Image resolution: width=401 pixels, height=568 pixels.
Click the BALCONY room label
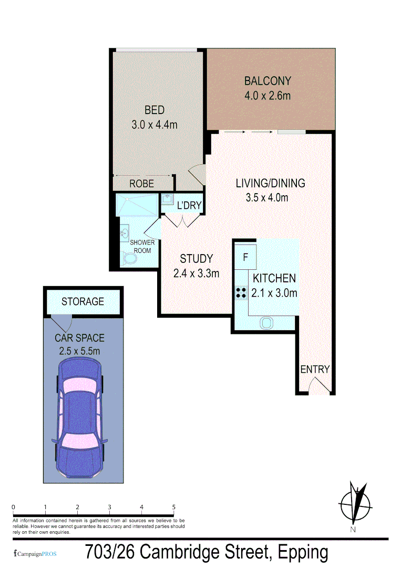[267, 82]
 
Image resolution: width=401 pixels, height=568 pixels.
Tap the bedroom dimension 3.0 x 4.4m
[155, 125]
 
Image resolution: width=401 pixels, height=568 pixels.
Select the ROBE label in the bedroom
[141, 184]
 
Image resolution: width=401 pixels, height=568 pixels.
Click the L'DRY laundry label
[189, 205]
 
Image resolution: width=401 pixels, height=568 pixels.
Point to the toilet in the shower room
[128, 259]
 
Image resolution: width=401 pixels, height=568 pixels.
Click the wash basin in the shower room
[125, 232]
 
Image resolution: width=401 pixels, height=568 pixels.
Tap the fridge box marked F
[245, 258]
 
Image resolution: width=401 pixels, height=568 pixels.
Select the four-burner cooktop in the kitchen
[241, 292]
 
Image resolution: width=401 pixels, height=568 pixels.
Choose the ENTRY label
[314, 369]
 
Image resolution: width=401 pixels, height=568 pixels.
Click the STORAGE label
[83, 302]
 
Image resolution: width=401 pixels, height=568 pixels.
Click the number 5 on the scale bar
[173, 508]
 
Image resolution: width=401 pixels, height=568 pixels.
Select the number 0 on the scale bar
[13, 508]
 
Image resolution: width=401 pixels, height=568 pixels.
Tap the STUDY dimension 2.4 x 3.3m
[196, 273]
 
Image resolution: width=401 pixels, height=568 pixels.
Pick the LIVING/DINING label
[270, 184]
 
